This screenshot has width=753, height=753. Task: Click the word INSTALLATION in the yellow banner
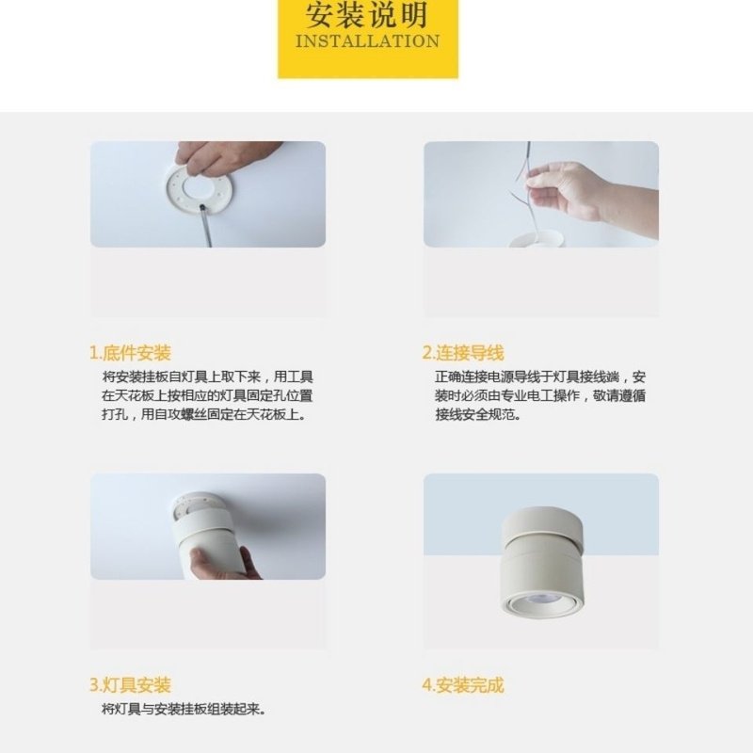click(367, 41)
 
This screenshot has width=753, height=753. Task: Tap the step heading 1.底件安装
click(131, 353)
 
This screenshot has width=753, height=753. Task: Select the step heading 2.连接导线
click(463, 353)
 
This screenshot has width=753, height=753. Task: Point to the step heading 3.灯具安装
click(131, 685)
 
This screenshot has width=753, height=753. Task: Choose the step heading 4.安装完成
click(463, 685)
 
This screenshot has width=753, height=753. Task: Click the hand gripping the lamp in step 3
click(222, 563)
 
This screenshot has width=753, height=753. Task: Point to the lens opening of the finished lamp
click(540, 601)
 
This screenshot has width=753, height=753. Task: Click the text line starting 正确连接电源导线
click(540, 376)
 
